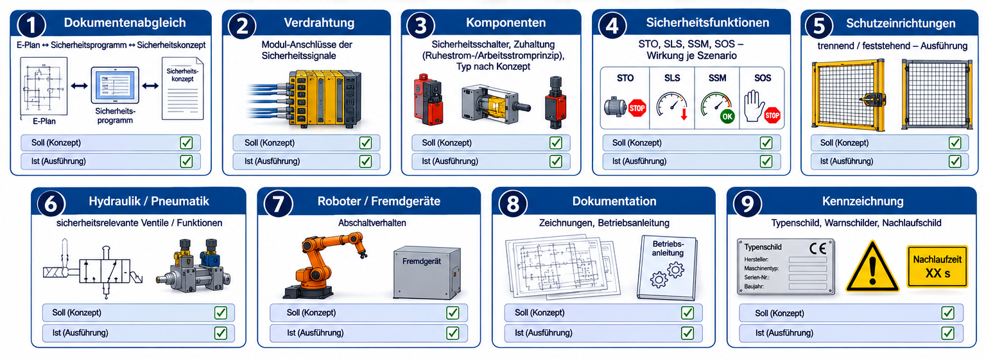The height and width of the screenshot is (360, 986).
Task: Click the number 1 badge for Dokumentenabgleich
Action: pyautogui.click(x=31, y=24)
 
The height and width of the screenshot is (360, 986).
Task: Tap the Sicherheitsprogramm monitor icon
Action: pyautogui.click(x=115, y=85)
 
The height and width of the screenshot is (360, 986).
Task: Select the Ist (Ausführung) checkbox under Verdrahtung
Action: pyautogui.click(x=365, y=162)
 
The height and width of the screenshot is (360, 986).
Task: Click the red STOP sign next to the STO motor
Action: pyautogui.click(x=637, y=108)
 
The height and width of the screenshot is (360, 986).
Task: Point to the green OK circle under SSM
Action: pyautogui.click(x=727, y=117)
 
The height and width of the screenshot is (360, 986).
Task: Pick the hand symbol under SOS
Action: pyautogui.click(x=754, y=106)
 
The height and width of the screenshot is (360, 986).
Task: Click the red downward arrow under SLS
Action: pyautogui.click(x=684, y=114)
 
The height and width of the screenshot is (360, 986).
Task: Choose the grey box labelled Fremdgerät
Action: pyautogui.click(x=427, y=273)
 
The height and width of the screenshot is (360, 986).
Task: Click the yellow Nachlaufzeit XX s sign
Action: pyautogui.click(x=937, y=266)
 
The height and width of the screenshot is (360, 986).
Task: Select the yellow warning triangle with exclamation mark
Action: pyautogui.click(x=872, y=267)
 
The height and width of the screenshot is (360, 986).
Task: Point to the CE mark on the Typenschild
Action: pyautogui.click(x=818, y=248)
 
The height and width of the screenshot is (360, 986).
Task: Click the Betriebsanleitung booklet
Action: pyautogui.click(x=668, y=267)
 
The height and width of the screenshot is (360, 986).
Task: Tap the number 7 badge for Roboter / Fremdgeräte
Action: pyautogui.click(x=278, y=204)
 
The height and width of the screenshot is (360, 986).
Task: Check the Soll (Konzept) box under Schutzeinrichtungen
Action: pyautogui.click(x=955, y=143)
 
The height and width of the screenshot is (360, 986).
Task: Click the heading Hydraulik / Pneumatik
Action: pyautogui.click(x=149, y=201)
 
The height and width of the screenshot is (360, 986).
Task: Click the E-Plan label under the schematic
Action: pyautogui.click(x=44, y=121)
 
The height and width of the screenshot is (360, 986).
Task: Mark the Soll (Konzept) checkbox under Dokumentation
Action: pyautogui.click(x=687, y=313)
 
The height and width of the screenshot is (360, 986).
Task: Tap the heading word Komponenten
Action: pyautogui.click(x=506, y=23)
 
